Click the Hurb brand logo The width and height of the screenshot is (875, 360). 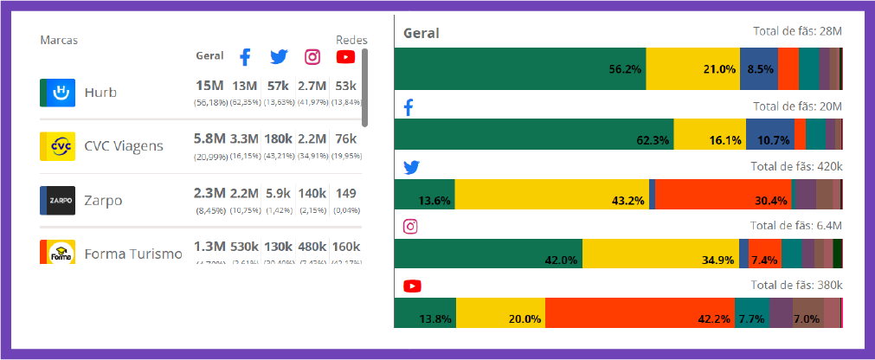coord(57,93)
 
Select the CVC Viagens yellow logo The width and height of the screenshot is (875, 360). coord(57,146)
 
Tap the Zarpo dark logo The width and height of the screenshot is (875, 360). coord(57,200)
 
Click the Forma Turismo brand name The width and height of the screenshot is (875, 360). coord(133,254)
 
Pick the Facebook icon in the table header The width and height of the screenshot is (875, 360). coord(245,57)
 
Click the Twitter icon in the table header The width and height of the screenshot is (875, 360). coord(278,57)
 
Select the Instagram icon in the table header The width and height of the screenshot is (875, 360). coord(312,57)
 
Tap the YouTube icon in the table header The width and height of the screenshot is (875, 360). coord(345,57)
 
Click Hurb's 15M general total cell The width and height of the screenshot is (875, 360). coord(210,86)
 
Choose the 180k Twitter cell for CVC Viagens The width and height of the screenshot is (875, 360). coord(278,138)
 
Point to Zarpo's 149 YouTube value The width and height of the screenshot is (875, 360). coord(346,193)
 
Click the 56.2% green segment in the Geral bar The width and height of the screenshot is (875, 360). coord(519,69)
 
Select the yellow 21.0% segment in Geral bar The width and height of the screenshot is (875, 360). coord(692,69)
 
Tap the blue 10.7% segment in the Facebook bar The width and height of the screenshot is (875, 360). coord(767,134)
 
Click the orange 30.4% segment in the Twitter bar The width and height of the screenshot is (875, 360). coord(723,195)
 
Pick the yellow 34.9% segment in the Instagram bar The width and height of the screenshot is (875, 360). coord(660,254)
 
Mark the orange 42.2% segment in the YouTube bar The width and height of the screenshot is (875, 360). coord(640,312)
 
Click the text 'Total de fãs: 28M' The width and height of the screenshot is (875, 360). coord(797,32)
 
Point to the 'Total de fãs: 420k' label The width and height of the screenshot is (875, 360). coord(795,166)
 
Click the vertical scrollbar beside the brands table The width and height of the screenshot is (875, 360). coord(364,87)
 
